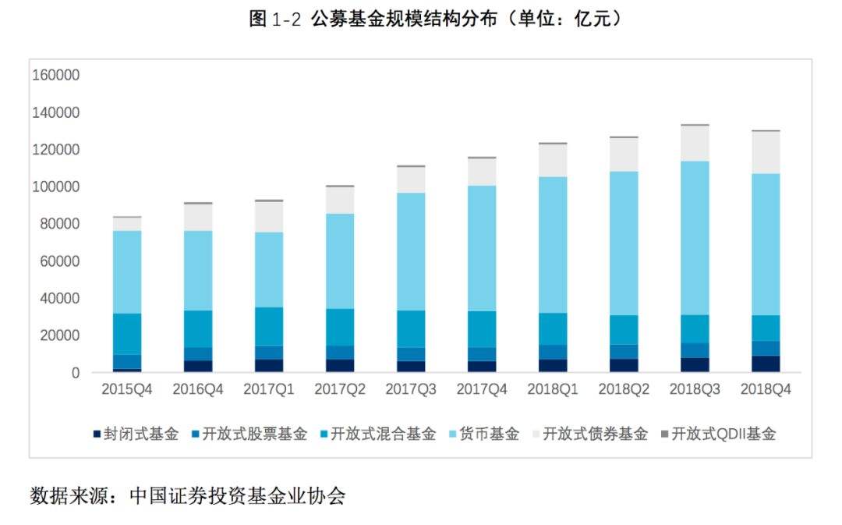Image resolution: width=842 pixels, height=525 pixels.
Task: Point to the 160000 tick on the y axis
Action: [55, 76]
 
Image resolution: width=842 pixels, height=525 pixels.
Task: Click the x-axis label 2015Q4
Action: [126, 389]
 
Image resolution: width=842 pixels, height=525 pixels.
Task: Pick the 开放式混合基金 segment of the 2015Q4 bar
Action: [126, 334]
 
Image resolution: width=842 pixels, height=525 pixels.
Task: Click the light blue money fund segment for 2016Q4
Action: [197, 271]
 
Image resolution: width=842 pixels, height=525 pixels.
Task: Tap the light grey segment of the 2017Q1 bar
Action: [268, 217]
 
